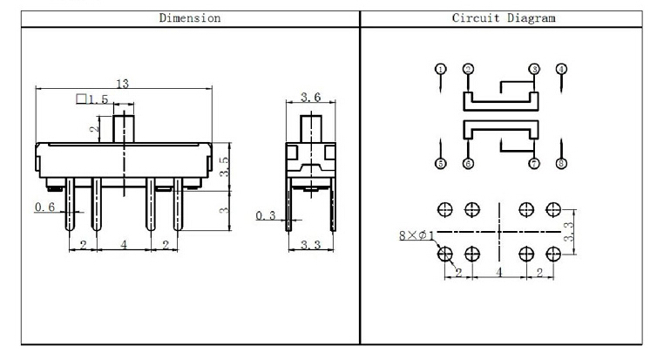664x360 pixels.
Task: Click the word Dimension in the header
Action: (x=189, y=17)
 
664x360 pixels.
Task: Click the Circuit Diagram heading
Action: (x=503, y=17)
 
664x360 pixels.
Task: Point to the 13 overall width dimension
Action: (x=123, y=84)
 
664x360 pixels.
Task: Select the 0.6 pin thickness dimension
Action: (x=45, y=207)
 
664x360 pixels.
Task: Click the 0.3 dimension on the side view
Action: (x=267, y=214)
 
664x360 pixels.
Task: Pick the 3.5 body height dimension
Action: (x=224, y=166)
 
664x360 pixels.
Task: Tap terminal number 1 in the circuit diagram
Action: (x=441, y=69)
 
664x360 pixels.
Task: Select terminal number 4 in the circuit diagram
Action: (x=561, y=69)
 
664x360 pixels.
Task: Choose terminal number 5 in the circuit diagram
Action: (x=441, y=163)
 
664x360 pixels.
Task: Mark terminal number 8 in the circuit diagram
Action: (x=561, y=163)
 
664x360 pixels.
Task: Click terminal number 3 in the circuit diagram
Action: (x=534, y=69)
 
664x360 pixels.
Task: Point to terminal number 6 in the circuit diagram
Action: (x=468, y=163)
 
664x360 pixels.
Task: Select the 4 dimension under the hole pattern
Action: (x=499, y=273)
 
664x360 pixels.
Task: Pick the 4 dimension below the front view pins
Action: (x=124, y=246)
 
